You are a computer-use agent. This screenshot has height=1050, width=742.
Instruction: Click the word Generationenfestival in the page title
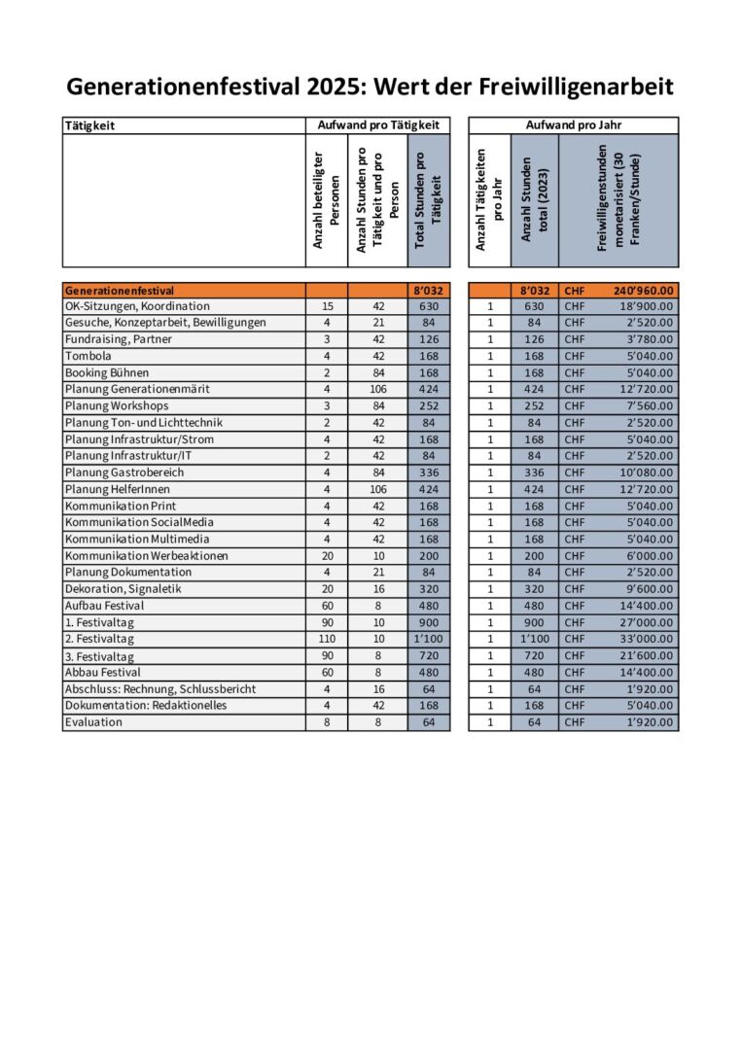[x=170, y=87]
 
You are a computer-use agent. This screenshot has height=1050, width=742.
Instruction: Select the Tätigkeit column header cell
[x=89, y=125]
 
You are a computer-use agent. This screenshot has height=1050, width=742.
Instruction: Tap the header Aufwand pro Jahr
[x=573, y=125]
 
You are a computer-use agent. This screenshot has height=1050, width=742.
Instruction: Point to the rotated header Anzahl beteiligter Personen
[x=325, y=200]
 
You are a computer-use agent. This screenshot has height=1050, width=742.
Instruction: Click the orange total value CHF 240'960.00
[x=644, y=290]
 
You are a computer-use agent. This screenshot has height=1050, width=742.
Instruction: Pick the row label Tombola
[x=88, y=356]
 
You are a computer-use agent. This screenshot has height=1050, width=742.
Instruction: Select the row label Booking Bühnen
[x=107, y=372]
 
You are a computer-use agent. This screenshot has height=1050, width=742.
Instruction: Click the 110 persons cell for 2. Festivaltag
[x=326, y=639]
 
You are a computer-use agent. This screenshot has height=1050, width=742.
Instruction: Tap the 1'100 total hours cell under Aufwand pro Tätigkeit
[x=429, y=639]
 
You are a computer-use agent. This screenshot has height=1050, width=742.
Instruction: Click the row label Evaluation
[x=93, y=722]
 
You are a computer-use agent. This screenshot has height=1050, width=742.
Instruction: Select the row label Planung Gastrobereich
[x=124, y=472]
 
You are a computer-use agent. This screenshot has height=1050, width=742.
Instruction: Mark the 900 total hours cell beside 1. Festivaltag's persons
[x=429, y=622]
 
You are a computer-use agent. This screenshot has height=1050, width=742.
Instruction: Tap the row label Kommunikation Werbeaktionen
[x=147, y=555]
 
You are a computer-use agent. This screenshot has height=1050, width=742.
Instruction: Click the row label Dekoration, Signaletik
[x=123, y=589]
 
